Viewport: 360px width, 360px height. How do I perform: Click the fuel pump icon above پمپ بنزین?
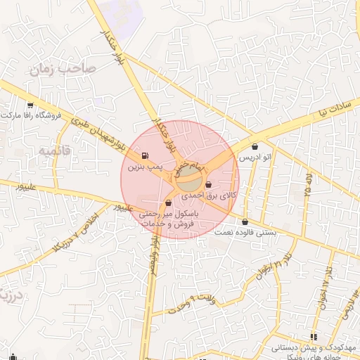coord(145,156)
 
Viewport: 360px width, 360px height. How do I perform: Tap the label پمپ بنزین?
coord(145,169)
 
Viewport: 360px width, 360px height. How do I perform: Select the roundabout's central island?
coord(188,181)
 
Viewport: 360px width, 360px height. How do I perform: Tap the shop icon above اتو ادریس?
coord(255,148)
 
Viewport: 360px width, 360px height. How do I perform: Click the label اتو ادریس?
coord(255,160)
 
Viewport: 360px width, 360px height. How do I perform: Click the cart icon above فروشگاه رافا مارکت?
coord(30,105)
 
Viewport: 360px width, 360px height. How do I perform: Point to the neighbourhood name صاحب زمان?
coord(57,69)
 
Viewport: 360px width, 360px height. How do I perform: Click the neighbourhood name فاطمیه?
coord(54,150)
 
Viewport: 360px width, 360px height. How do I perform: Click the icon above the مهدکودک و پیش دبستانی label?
coord(314,337)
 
